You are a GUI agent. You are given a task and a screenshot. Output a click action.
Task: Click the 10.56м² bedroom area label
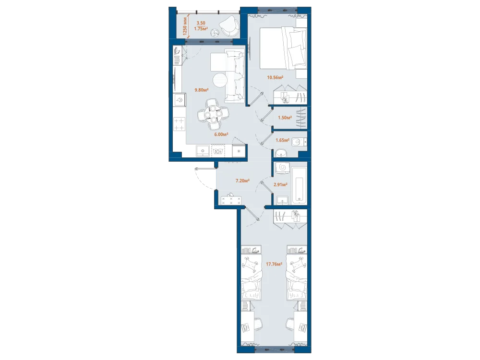(275, 77)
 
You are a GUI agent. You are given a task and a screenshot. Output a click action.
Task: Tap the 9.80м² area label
(202, 90)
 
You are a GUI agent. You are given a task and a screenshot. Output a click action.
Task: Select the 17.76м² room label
(274, 264)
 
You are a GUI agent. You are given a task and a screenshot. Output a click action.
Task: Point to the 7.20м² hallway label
(242, 180)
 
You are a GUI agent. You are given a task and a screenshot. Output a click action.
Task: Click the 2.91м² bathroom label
(280, 185)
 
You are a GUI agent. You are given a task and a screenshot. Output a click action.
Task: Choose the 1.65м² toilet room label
(283, 140)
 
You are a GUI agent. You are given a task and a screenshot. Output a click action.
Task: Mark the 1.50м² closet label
(285, 117)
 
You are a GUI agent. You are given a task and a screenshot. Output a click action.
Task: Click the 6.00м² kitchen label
(221, 134)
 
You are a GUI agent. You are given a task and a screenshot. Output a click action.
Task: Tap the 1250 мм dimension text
(185, 26)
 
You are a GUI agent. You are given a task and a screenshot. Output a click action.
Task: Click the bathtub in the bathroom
(299, 185)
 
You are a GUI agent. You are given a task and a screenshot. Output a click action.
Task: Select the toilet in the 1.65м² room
(298, 143)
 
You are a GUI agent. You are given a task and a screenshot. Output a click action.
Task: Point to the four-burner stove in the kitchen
(180, 124)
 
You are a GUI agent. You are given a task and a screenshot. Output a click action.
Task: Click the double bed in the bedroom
(283, 48)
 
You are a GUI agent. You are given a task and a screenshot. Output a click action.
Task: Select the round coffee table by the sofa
(221, 81)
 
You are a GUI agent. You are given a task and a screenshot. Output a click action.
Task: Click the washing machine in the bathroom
(283, 168)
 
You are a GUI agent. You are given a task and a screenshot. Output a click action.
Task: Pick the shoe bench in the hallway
(231, 201)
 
